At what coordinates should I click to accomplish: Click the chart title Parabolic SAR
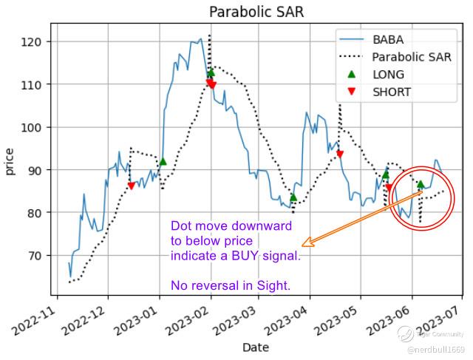coord(256,12)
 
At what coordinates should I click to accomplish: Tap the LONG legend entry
coord(389,75)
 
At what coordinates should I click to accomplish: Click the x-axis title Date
coord(256,347)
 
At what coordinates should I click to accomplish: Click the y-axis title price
coord(10,160)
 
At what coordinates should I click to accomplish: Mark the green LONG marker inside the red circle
coord(421,184)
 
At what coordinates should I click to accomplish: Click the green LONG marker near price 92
coord(163,161)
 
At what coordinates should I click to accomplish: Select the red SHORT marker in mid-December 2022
coord(132,186)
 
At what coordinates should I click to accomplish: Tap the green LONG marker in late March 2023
coord(293,197)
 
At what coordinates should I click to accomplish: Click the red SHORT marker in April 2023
coord(340,154)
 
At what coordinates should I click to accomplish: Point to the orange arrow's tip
coord(303,244)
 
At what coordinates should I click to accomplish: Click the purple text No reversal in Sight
coord(231,285)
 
